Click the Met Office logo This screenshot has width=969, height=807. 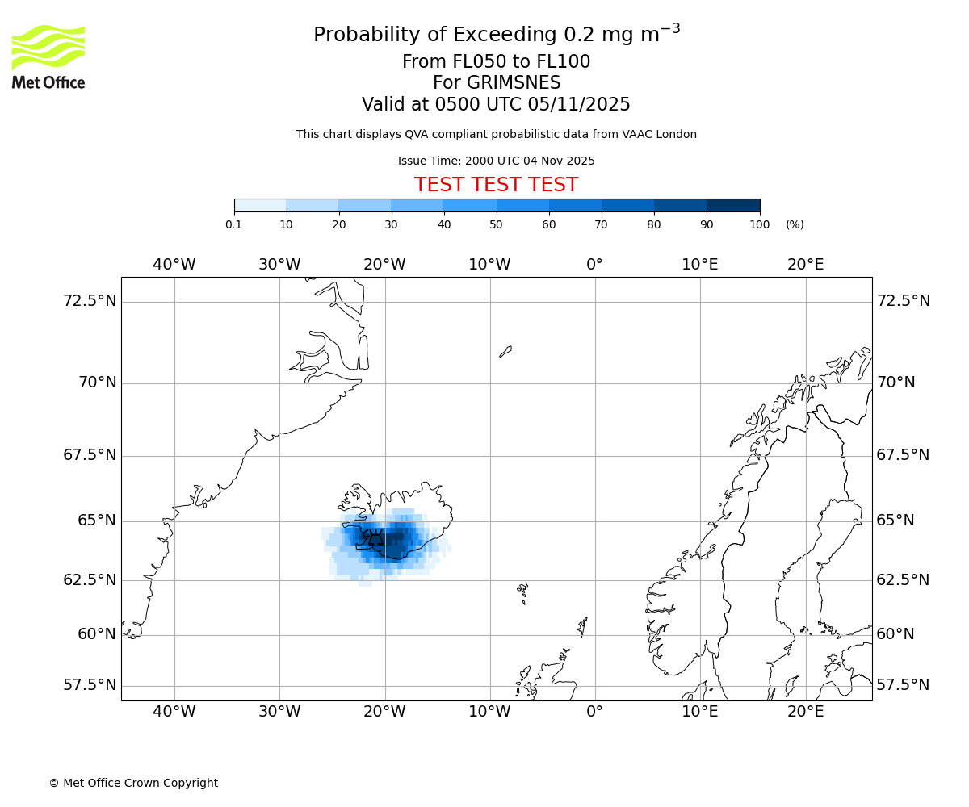pos(48,56)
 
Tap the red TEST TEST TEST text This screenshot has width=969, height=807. pos(496,185)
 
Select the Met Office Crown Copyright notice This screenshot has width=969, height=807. pos(133,783)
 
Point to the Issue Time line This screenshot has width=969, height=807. pos(496,161)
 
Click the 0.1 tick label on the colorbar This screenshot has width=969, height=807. pos(234,224)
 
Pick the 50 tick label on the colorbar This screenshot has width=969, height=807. pos(497,224)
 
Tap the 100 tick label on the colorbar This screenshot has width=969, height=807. pos(759,224)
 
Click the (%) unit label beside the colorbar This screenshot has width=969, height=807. pos(795,224)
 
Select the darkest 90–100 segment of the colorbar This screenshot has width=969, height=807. pos(733,205)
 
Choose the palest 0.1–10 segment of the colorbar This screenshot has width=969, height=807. pos(260,205)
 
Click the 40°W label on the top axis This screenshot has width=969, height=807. pos(174,264)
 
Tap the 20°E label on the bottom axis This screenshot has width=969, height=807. pos(805,712)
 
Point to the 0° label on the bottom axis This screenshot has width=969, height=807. pos(595,712)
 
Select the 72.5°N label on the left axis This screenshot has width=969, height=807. pos(90,301)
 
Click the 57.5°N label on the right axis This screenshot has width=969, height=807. pos(903,685)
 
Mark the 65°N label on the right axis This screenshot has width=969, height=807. pos(896,521)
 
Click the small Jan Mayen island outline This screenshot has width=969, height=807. pos(505,351)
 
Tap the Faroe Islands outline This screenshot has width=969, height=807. pos(523,593)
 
